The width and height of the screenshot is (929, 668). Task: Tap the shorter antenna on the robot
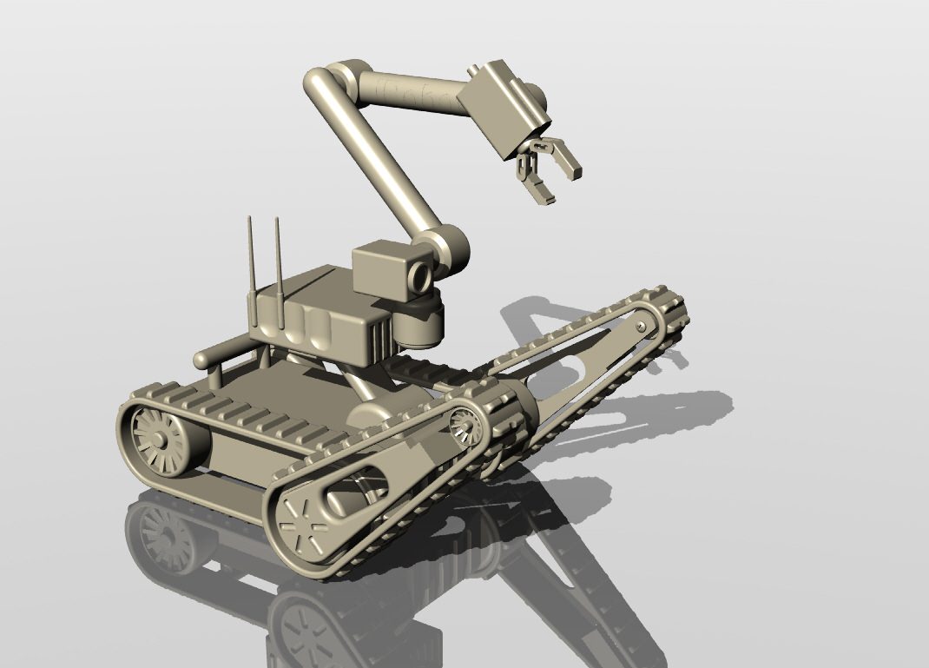coord(250,269)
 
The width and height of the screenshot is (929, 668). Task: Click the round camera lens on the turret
coord(420,276)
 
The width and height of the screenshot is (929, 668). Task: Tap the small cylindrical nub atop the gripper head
coord(474,69)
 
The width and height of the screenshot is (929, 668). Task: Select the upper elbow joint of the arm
coord(334,81)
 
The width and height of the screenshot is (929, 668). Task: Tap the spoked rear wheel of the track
coord(160,439)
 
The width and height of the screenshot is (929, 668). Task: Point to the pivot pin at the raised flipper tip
coord(641,327)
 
